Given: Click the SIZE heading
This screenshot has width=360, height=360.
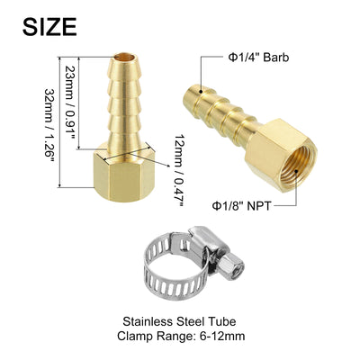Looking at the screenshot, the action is [49, 27].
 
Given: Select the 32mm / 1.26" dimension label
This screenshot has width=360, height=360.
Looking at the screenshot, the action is [49, 125].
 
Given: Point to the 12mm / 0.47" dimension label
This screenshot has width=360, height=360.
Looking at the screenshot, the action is [179, 170].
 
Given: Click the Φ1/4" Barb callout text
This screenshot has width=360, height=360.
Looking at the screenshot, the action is [258, 58].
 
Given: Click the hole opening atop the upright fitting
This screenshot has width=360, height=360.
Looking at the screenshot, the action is [124, 57].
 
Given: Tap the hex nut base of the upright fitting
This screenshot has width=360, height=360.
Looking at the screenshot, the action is [124, 173].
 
